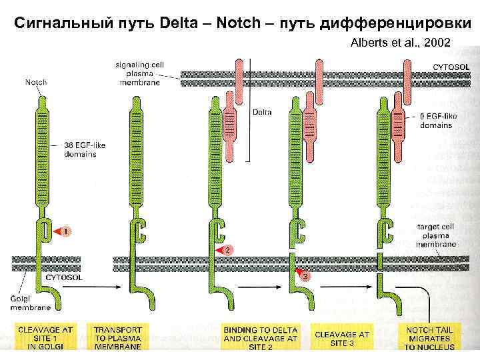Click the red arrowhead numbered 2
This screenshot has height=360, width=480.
[227, 249]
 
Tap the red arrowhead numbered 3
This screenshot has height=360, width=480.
[303, 275]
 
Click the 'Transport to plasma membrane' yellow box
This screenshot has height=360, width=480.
[117, 337]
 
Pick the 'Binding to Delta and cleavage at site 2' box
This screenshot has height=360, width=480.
[260, 337]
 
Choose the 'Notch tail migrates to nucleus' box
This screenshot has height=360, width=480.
[429, 337]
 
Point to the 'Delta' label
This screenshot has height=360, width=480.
[262, 113]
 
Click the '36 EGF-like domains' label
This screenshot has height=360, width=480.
[81, 150]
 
